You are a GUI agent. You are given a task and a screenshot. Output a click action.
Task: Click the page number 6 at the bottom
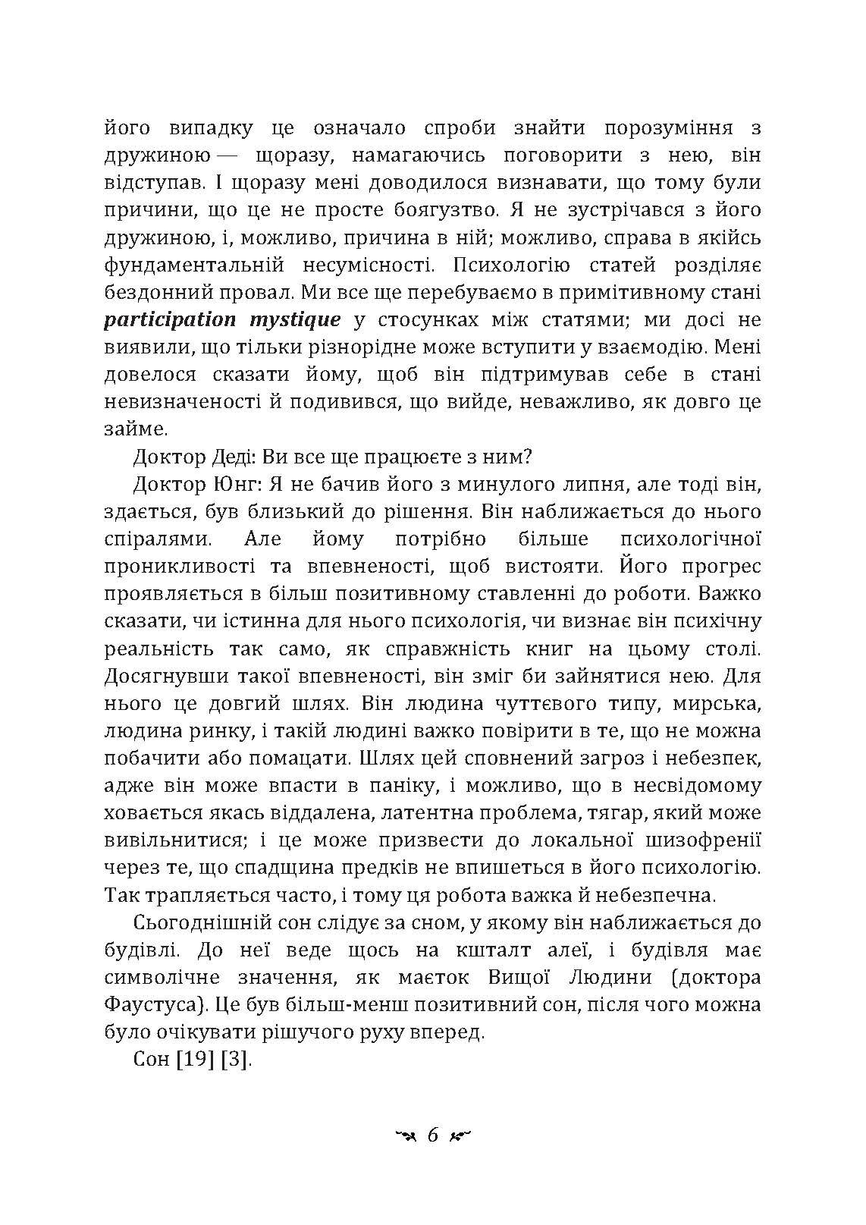click(x=433, y=1135)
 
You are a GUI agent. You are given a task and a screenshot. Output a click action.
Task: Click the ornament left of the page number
click(x=402, y=1135)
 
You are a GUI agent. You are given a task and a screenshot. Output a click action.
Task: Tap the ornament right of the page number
click(x=461, y=1135)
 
